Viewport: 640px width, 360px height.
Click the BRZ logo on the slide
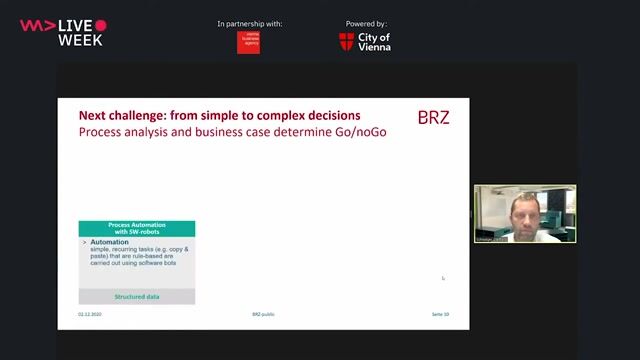432,117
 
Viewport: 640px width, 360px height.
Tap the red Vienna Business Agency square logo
248,42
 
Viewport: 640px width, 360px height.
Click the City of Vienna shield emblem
346,42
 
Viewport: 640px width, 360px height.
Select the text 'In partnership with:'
249,23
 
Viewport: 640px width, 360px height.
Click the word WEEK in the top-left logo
80,40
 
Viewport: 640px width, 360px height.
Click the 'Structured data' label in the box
137,297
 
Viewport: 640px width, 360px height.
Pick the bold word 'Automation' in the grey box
110,242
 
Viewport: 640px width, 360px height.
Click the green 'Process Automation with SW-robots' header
137,228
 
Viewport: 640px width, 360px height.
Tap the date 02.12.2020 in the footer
90,314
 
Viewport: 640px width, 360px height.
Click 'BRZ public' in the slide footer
263,314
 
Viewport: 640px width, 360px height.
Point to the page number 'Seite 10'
440,314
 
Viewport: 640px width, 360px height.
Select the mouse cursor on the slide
443,278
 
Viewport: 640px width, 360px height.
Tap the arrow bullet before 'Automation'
84,242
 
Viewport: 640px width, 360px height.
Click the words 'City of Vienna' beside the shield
373,41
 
